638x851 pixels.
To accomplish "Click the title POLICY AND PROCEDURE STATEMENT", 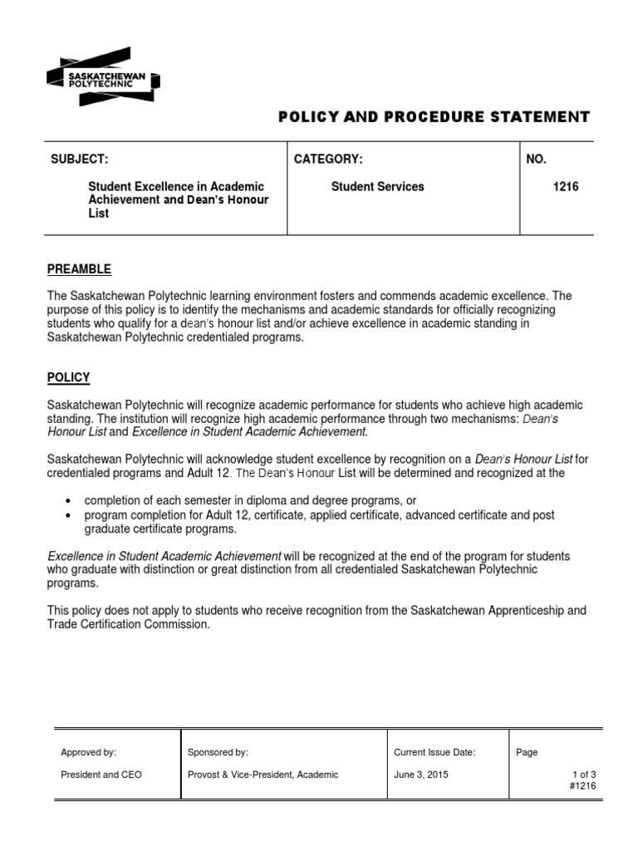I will pos(434,117).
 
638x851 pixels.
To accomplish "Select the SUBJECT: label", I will pos(80,160).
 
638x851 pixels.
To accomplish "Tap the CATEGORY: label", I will pos(328,160).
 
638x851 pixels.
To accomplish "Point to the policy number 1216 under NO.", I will pos(566,187).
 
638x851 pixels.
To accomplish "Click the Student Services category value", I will pos(377,187).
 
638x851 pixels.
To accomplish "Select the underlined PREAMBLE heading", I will pos(79,269).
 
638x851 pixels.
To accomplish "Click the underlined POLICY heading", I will pos(68,377).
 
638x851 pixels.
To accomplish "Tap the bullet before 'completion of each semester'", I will pos(67,501).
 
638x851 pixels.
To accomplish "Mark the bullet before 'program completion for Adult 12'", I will pos(67,515).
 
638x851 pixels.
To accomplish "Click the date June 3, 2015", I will pos(421,775).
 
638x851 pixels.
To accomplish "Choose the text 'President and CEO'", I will pos(101,775).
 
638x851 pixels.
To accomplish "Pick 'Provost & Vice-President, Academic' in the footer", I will pos(263,775).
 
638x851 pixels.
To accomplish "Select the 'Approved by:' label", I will pos(88,752).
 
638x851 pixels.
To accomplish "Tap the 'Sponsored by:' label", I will pos(218,752).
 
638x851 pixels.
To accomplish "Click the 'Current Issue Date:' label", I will pos(434,752).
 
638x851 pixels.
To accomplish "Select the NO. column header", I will pos(537,160).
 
